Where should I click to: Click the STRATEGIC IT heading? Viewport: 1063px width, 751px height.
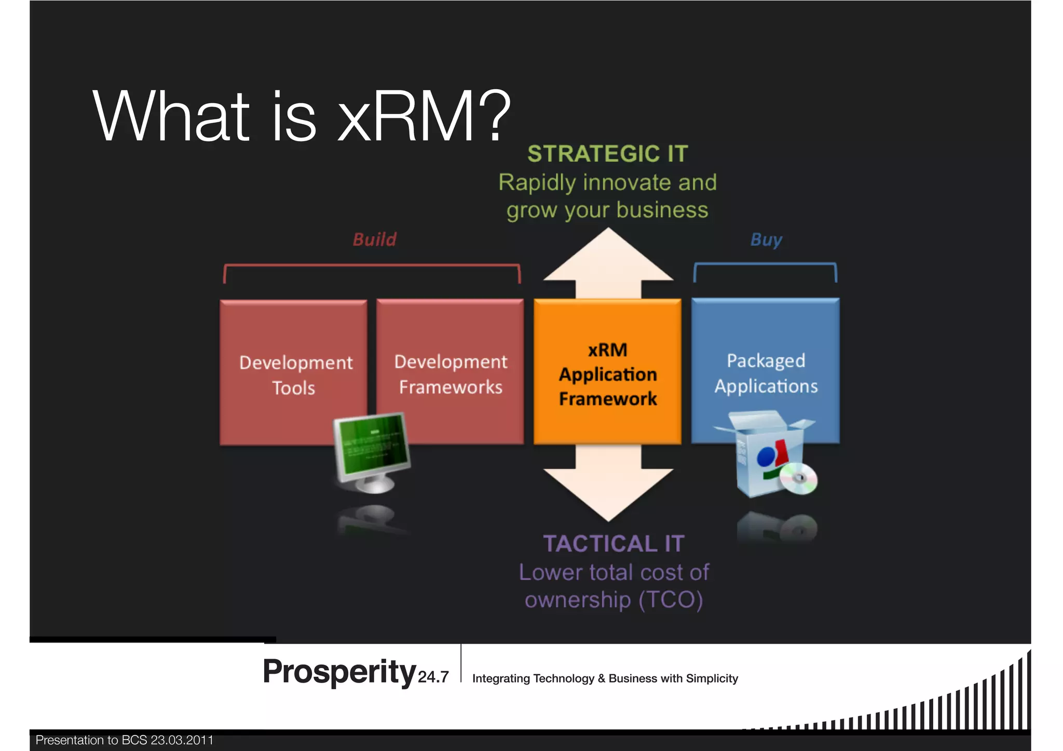click(x=608, y=154)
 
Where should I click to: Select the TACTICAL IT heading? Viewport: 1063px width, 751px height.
click(x=614, y=544)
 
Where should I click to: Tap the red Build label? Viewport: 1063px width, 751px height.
click(x=374, y=240)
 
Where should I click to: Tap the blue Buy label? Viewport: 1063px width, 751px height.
click(x=766, y=240)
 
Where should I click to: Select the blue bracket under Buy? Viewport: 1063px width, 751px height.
click(x=765, y=265)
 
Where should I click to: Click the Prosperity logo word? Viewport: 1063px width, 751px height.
click(x=339, y=672)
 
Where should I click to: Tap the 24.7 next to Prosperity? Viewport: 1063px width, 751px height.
click(x=433, y=677)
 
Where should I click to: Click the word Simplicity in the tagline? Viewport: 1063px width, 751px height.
click(x=712, y=678)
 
